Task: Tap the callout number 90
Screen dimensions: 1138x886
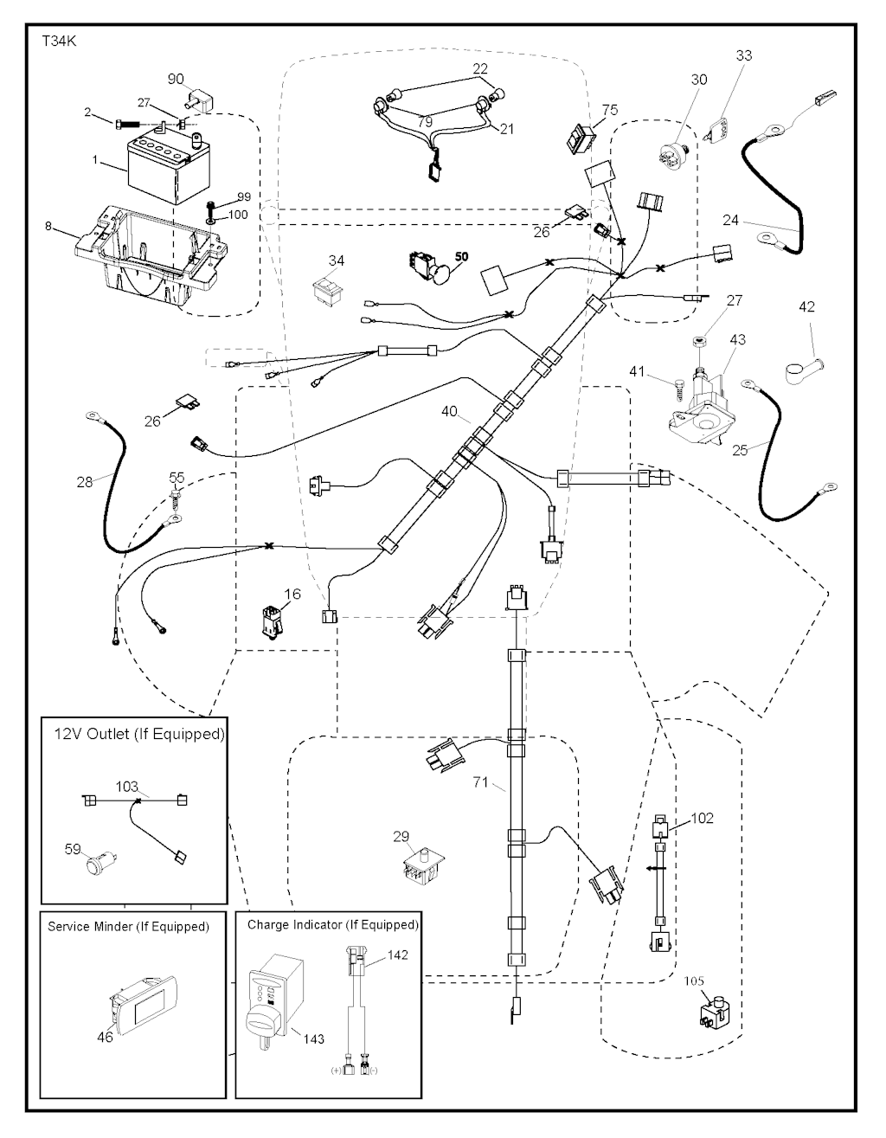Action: tap(176, 79)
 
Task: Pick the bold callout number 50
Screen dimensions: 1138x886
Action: tap(461, 257)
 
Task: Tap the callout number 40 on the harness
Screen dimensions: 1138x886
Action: tap(449, 412)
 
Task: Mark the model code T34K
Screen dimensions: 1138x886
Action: tap(59, 41)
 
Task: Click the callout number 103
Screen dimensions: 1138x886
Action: tap(127, 787)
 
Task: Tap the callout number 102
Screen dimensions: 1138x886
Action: tap(702, 818)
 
